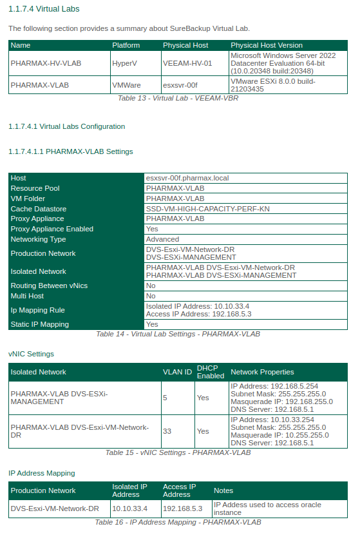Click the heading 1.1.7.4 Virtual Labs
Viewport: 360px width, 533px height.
coord(44,9)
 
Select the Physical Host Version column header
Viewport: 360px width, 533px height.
coord(266,46)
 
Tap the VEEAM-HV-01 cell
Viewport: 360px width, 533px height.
coord(187,64)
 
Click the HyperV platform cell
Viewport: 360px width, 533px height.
coord(124,64)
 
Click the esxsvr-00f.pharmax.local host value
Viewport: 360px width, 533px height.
coord(187,178)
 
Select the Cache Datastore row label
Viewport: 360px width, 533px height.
coord(39,209)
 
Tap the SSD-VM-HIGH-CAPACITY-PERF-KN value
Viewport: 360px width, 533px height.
coord(207,209)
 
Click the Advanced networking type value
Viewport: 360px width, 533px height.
coord(162,239)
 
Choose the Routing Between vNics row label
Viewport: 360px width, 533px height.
coord(49,286)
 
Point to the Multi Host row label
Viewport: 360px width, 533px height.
coord(28,296)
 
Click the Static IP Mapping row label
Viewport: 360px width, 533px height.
coord(39,324)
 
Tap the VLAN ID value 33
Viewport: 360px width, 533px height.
coord(167,431)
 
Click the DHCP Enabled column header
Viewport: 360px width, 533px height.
coord(211,372)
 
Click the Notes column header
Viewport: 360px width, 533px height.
coord(223,490)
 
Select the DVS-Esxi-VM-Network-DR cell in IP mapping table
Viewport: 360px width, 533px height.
coord(55,509)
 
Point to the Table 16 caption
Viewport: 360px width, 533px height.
coord(178,522)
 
